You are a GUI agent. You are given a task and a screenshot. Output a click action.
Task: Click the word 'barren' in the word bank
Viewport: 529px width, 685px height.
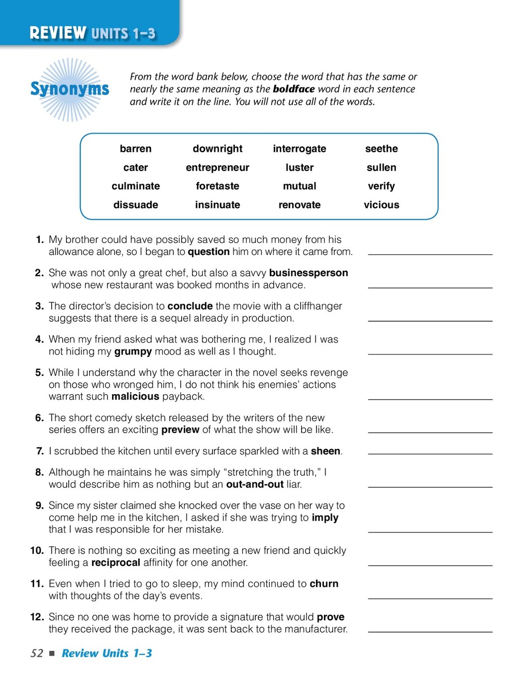135,149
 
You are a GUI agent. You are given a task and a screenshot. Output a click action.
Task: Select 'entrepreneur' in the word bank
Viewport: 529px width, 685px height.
217,168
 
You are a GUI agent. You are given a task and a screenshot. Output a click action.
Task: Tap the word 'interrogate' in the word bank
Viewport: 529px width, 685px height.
300,149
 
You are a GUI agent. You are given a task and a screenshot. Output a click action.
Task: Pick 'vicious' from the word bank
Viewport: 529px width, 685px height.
381,205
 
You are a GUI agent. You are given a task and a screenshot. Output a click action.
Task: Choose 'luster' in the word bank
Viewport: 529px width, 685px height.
300,168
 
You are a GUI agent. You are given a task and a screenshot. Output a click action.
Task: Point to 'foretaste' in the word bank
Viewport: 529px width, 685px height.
217,186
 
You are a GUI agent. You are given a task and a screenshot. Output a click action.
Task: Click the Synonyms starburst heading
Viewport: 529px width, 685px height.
70,89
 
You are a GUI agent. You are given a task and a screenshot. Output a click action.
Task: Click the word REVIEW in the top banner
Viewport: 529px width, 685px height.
58,33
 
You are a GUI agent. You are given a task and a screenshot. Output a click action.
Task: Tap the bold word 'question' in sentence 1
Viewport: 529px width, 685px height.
209,252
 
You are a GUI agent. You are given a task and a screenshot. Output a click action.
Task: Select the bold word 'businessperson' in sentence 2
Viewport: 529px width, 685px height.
309,273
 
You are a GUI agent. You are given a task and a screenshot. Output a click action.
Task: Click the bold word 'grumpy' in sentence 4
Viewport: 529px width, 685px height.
133,351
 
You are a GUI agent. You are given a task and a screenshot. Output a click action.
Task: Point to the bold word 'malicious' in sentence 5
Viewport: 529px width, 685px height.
135,397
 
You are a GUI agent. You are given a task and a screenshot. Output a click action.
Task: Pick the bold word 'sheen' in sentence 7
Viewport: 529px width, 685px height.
325,451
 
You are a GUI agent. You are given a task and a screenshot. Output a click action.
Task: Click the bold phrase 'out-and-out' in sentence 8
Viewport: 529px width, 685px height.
255,484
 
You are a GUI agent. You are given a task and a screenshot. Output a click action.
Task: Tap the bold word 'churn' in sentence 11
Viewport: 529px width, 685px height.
324,583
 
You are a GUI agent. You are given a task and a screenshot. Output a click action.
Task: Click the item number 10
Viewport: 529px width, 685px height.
37,551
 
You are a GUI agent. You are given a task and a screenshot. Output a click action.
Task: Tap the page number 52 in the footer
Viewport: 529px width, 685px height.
37,653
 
